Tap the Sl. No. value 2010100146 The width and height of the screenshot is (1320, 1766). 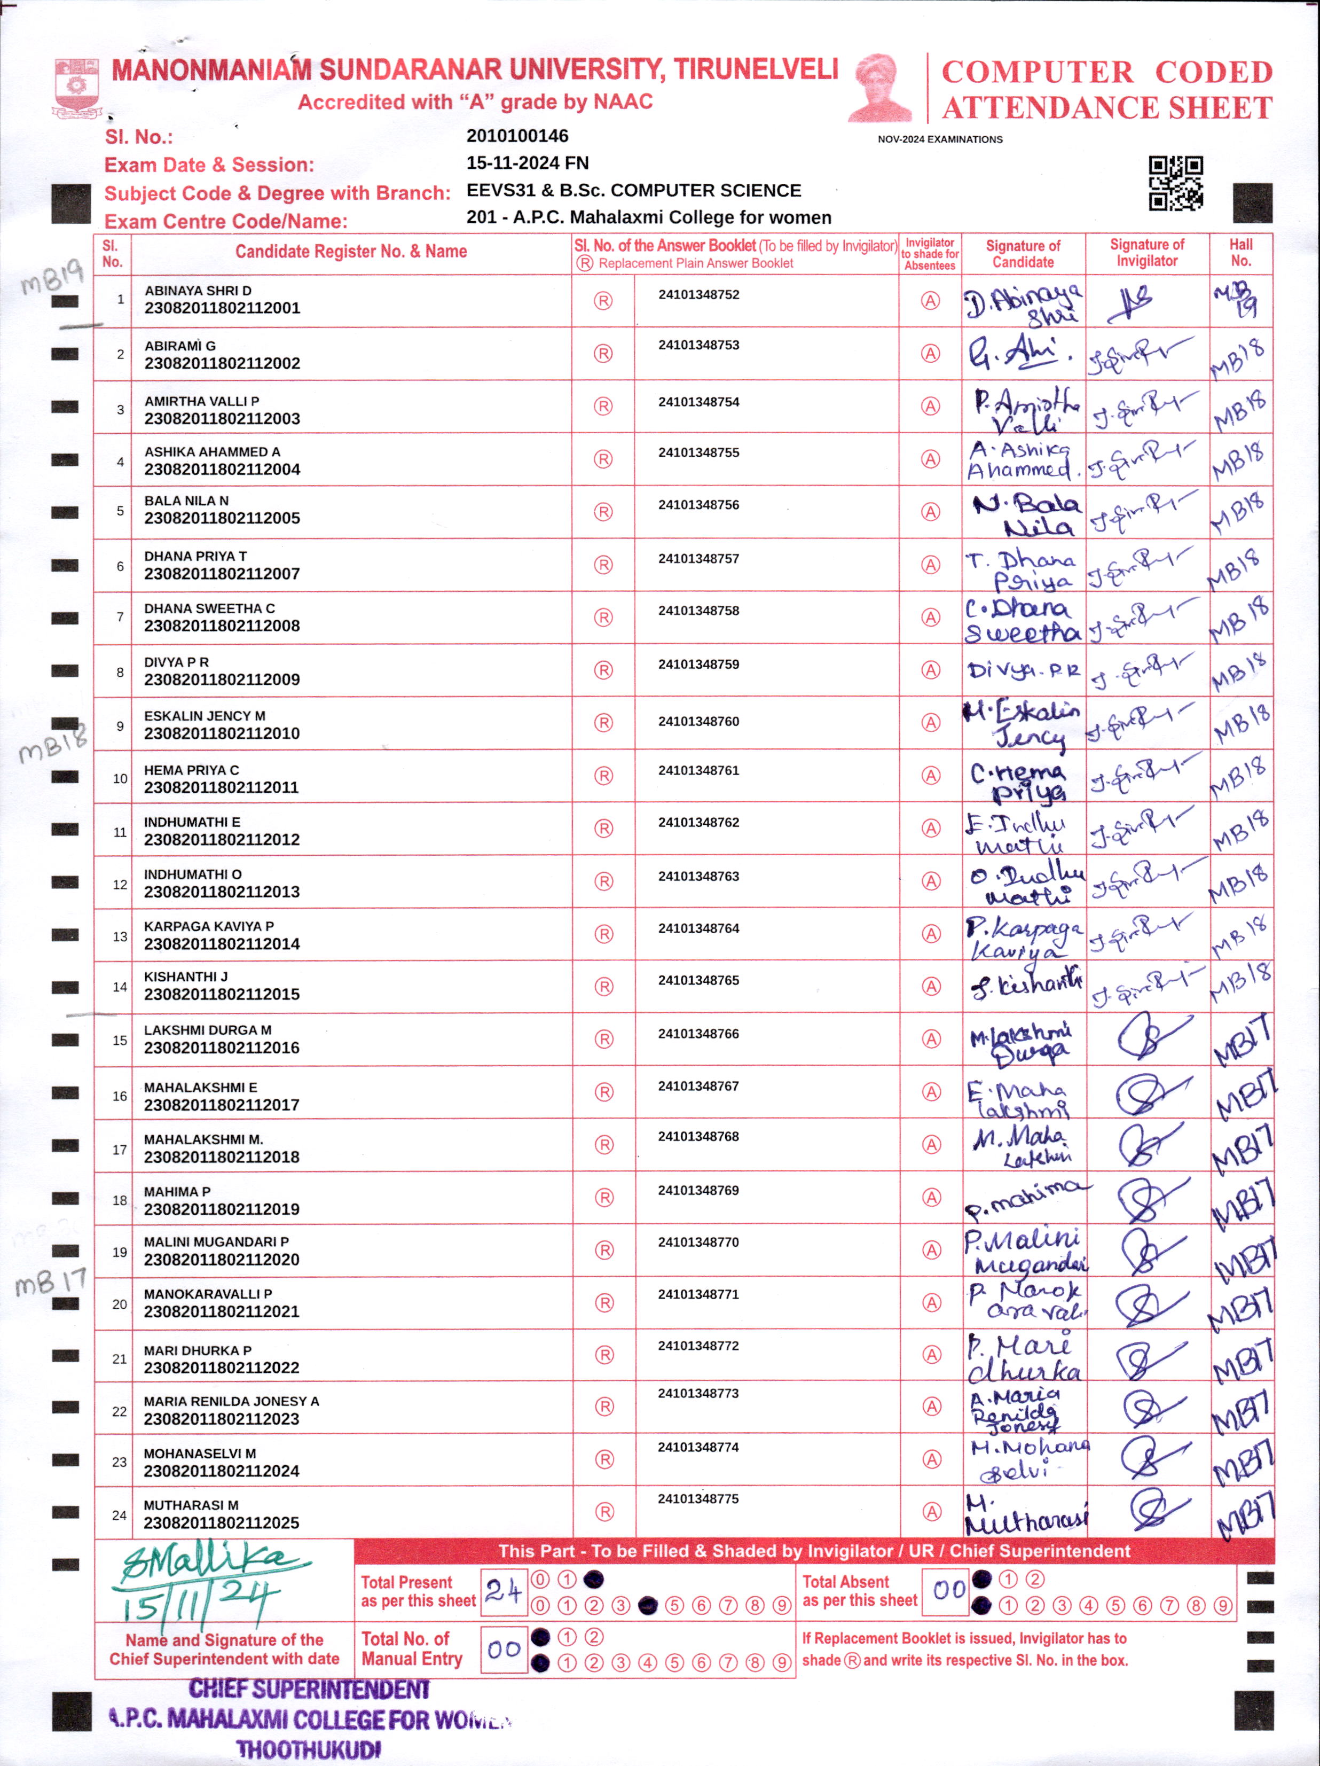coord(517,136)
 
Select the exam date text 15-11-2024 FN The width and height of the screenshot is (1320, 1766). coord(528,163)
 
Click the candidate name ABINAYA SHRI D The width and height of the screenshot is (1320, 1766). coord(198,291)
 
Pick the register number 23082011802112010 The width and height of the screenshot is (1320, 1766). coord(222,733)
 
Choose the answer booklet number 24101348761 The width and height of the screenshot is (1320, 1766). coord(698,770)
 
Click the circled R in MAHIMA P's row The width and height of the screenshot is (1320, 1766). coord(604,1198)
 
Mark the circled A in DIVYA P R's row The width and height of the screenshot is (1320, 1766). coord(931,670)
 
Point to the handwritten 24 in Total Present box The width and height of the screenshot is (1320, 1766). coord(504,1592)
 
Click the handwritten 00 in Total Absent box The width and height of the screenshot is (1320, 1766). coord(949,1590)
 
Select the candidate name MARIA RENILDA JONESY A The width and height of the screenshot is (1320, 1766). coord(231,1401)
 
